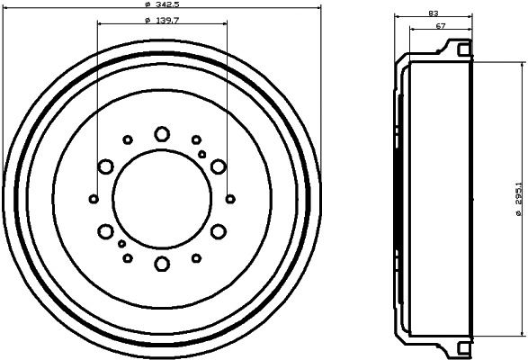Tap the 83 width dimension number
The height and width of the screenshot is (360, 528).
point(434,13)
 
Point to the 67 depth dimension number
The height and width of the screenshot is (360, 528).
point(441,27)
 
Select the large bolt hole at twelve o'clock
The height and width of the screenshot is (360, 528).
point(162,133)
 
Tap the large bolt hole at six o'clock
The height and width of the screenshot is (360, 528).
point(162,264)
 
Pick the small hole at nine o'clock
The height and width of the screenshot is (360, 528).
point(94,198)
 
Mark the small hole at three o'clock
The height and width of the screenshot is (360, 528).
point(231,198)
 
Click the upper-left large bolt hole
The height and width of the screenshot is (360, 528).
point(106,166)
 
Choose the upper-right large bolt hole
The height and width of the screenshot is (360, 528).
point(218,166)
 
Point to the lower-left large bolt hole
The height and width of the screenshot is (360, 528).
point(106,231)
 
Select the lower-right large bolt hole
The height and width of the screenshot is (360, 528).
point(218,231)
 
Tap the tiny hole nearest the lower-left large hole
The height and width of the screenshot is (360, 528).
point(121,243)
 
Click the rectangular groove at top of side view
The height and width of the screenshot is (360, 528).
point(462,48)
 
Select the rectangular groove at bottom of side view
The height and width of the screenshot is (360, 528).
point(462,346)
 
